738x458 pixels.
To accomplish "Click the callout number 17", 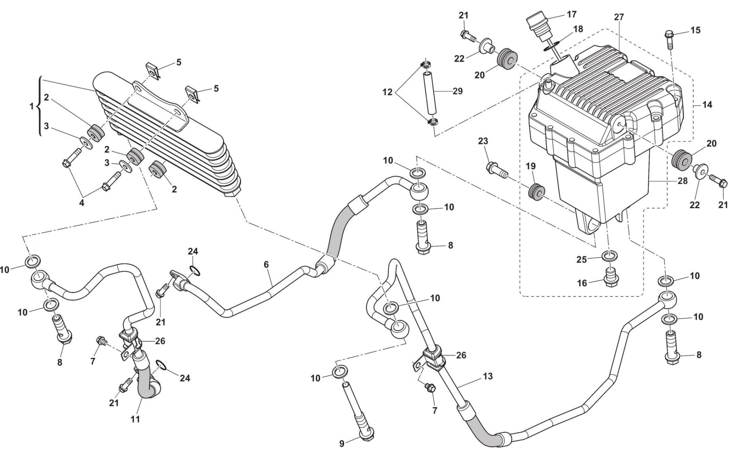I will (571, 15).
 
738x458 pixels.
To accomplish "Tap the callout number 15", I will (695, 30).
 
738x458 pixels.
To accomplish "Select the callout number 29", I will (458, 91).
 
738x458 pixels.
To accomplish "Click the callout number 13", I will (487, 376).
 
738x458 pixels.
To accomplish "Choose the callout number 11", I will (135, 419).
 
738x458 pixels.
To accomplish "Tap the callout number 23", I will (483, 141).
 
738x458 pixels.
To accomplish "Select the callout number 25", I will (582, 259).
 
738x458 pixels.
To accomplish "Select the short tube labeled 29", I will (430, 94).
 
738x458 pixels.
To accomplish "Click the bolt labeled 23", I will (496, 169).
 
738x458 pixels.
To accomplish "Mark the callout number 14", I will (707, 105).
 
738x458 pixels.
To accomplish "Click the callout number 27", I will (619, 17).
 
